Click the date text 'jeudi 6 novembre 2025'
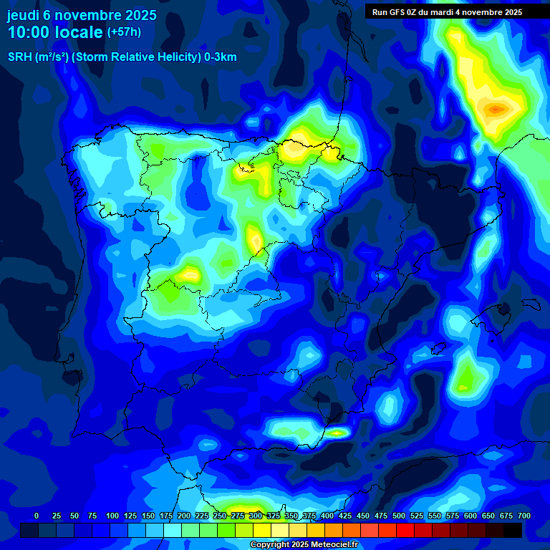(82, 15)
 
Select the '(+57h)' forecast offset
(124, 32)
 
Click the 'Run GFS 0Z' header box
(447, 12)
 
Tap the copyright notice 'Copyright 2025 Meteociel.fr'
(304, 545)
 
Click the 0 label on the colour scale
(37, 516)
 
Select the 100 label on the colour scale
(112, 516)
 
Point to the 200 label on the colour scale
(184, 516)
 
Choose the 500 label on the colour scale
(399, 516)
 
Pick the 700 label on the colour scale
(524, 516)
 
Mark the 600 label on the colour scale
(471, 516)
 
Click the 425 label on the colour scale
(345, 516)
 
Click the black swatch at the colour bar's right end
(513, 530)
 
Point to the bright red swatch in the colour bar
(405, 530)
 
